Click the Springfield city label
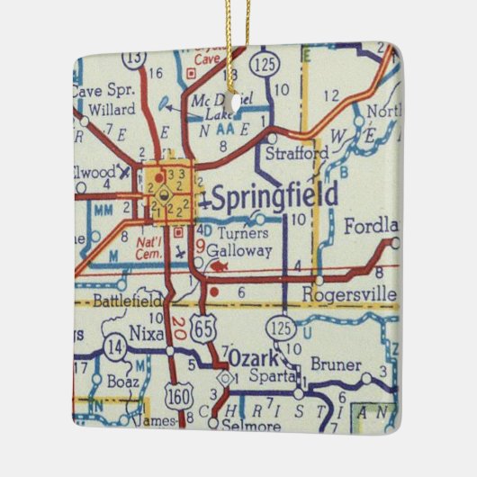point(274,195)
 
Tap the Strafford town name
point(296,154)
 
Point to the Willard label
point(112,110)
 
